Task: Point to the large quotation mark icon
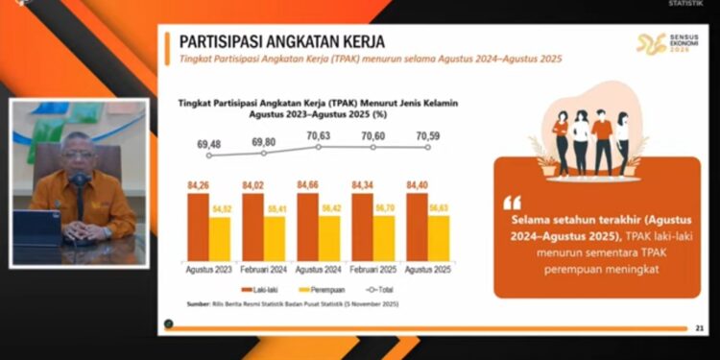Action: click(511, 203)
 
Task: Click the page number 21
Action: click(699, 328)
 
